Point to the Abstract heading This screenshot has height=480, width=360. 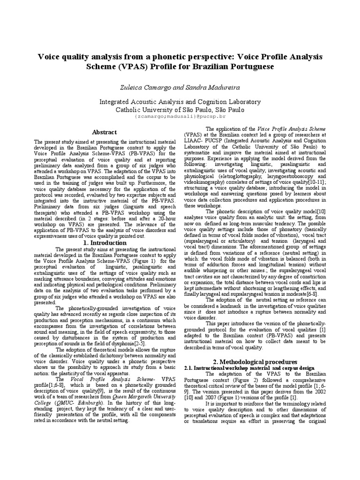[104, 133]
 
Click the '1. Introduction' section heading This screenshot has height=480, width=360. [104, 243]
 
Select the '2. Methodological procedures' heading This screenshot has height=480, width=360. [255, 362]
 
